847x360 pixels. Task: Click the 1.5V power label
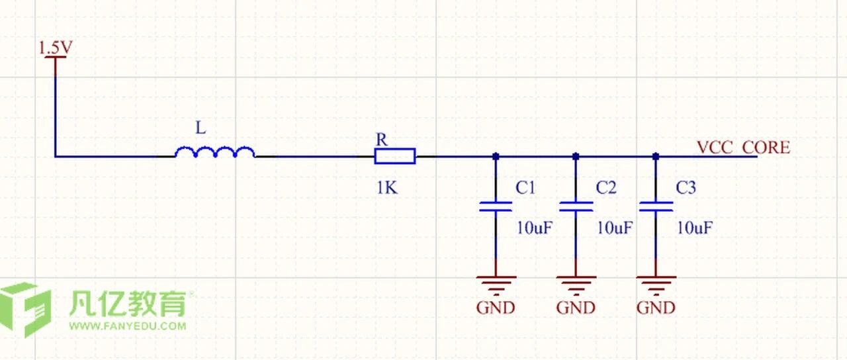(x=56, y=47)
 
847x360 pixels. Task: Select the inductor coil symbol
(x=215, y=152)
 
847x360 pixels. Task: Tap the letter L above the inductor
(x=201, y=128)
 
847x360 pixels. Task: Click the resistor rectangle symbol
(x=395, y=156)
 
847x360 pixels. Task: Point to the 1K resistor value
(x=387, y=187)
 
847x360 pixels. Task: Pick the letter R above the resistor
(x=382, y=140)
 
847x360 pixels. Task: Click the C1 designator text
(x=525, y=187)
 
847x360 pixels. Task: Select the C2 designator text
(x=606, y=187)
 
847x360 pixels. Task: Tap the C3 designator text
(x=686, y=187)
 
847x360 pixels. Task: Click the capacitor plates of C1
(x=496, y=206)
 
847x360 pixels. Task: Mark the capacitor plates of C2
(x=576, y=206)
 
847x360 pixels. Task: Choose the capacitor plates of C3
(x=656, y=206)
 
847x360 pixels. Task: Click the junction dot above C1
(x=496, y=156)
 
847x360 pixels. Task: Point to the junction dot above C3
(x=656, y=156)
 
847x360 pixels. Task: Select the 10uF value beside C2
(x=615, y=228)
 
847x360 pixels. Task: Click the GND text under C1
(x=496, y=308)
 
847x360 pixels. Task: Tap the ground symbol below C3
(x=656, y=285)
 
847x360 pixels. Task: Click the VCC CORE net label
(x=743, y=148)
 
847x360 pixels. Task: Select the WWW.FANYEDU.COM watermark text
(x=128, y=326)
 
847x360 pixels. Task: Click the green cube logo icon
(x=25, y=309)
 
